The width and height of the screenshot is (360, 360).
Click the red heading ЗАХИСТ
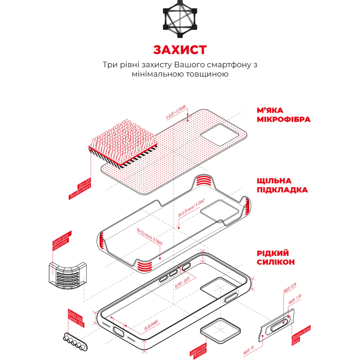click(x=180, y=50)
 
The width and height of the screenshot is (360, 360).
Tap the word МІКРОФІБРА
click(x=283, y=119)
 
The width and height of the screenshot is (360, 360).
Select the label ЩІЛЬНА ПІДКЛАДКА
click(x=282, y=185)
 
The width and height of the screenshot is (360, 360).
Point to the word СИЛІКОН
click(x=275, y=262)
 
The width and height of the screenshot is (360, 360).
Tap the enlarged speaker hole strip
click(x=75, y=341)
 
